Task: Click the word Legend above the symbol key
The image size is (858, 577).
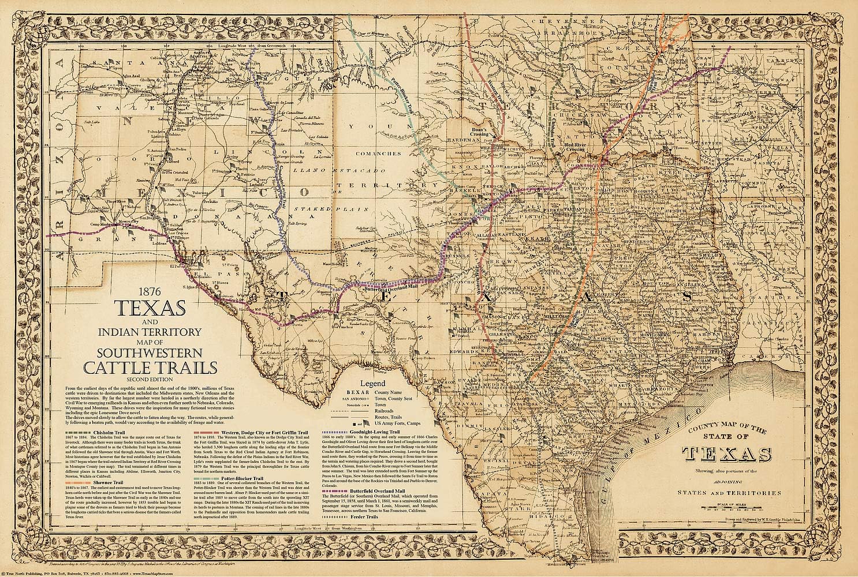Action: click(372, 383)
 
